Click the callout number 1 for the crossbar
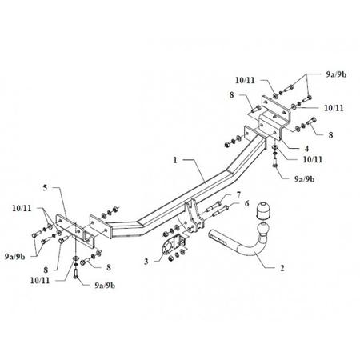175,160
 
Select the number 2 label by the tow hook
282,268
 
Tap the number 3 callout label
146,262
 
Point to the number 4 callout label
306,148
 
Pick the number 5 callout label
45,188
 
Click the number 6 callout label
246,204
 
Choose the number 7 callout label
238,194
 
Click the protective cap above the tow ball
262,211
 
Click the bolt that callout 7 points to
213,206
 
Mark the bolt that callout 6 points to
220,210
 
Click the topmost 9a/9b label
336,74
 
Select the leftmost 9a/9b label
15,257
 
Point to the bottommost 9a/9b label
105,286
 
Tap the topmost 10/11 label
245,80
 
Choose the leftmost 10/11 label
22,208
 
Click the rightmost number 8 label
330,135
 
